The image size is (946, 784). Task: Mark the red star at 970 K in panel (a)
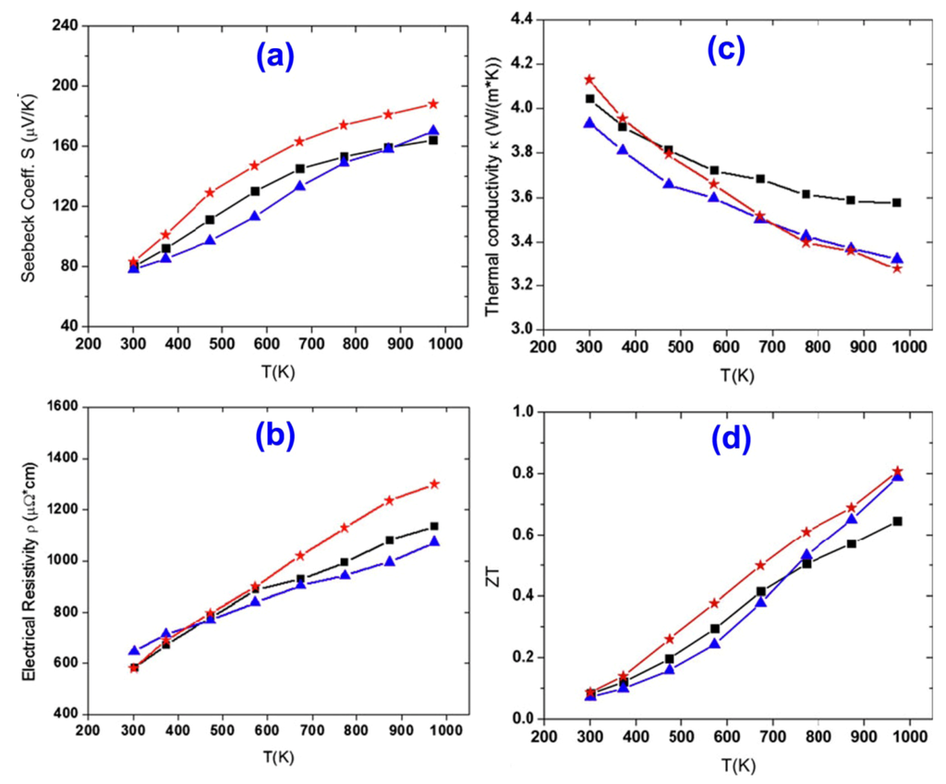tap(432, 104)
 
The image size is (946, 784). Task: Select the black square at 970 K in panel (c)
tap(896, 202)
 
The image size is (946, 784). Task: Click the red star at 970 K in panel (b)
tap(433, 484)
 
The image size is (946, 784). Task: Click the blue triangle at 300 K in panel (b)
tap(134, 651)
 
